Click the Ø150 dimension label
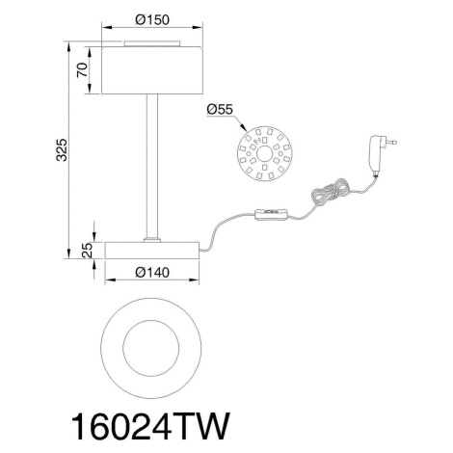point(152,20)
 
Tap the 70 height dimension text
point(83,70)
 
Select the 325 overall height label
point(62,149)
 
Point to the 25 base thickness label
point(87,251)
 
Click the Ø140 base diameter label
point(152,273)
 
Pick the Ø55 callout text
point(220,109)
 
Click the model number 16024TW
point(150,427)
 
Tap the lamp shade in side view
point(152,70)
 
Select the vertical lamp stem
point(152,167)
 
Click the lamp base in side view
point(152,251)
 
